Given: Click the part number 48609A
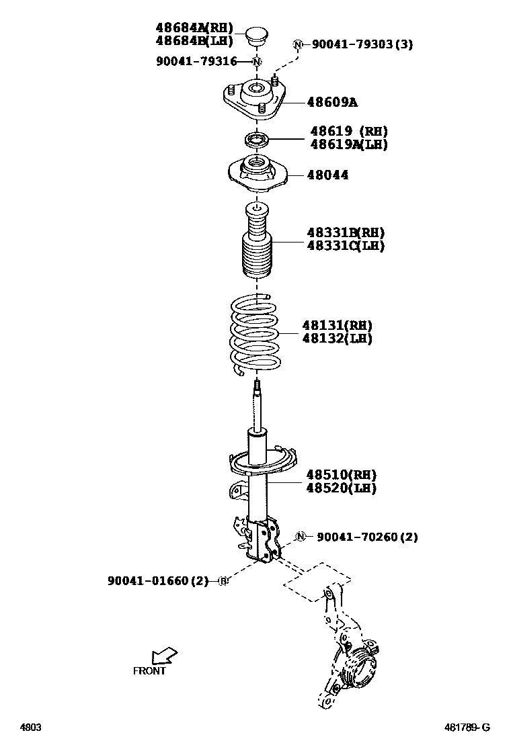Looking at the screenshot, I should coord(332,103).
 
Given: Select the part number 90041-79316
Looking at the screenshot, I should coord(196,62).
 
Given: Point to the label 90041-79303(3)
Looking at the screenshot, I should coord(362,44).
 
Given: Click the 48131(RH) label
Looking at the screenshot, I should coord(337,326).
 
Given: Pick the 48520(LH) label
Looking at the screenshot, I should coord(341,488).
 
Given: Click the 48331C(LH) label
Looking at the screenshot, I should coord(346,246).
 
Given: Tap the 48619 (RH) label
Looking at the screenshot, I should coord(349,131).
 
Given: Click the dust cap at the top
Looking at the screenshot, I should coord(256,36).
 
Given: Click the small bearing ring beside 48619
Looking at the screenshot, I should coord(256,140).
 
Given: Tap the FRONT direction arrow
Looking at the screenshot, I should coord(164,654).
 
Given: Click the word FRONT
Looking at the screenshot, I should coord(149,670).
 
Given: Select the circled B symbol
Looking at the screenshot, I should coord(223,580).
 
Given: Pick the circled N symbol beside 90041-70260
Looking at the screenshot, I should coord(302,536).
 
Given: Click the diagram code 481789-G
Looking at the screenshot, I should coord(467,728).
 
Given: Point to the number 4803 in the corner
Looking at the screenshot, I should coord(30,728).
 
